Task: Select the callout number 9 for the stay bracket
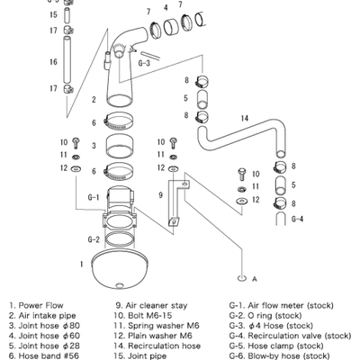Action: click(159, 195)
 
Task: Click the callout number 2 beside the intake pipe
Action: click(94, 99)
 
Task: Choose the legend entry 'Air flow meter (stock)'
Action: click(286, 306)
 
